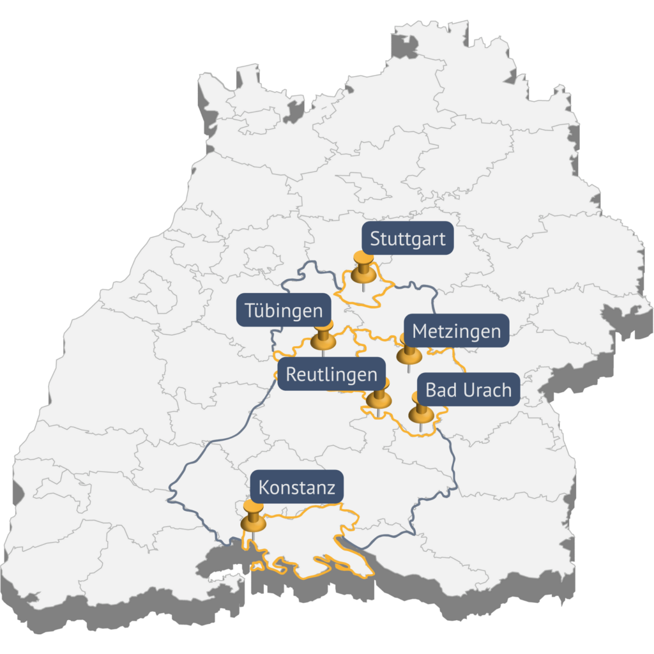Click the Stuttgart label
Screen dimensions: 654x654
pos(407,240)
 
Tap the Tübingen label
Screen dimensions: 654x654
pos(284,311)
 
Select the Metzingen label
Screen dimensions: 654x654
pos(456,331)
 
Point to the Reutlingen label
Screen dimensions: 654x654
pos(331,374)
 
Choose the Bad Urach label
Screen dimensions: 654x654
pos(468,390)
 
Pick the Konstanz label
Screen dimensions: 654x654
pos(296,488)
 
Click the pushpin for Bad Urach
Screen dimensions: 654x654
pos(421,411)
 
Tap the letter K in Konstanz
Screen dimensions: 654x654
pos(264,489)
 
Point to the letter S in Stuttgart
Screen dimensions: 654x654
pos(375,240)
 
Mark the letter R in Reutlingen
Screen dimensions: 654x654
pos(291,374)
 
